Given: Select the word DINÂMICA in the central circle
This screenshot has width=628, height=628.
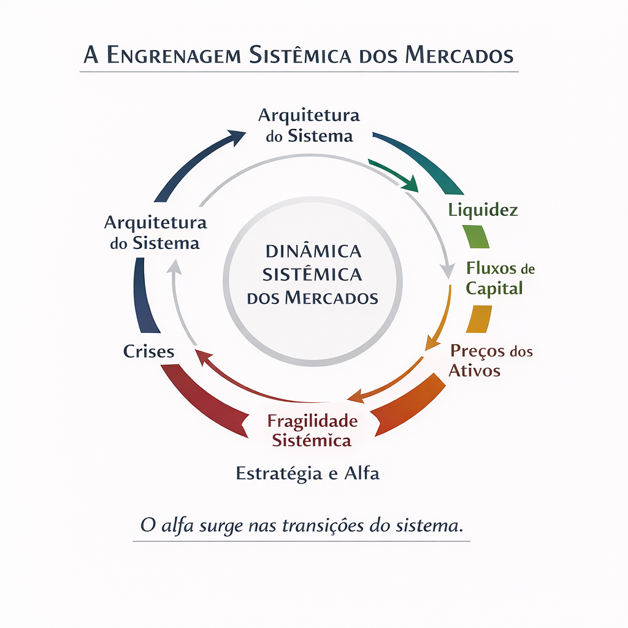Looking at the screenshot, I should point(312,251).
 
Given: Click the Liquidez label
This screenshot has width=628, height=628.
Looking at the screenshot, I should point(483,210).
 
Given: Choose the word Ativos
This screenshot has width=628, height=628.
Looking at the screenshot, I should point(475,370).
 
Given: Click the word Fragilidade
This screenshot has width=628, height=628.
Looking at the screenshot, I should point(312,421).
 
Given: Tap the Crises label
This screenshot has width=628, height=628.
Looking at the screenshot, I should point(149,351).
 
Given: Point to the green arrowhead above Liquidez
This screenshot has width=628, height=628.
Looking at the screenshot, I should point(412,183).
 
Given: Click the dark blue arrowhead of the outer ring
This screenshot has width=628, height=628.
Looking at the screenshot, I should point(236,136).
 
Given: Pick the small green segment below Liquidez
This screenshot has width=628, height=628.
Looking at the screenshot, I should point(476,236).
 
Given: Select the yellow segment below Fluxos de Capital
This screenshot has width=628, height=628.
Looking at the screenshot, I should point(479,319).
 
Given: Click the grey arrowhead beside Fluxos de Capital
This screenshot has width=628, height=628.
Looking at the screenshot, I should point(448,270).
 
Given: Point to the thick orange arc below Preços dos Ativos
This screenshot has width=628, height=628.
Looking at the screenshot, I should point(411,405).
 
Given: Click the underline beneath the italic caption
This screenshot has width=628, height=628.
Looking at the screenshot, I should point(301,542).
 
